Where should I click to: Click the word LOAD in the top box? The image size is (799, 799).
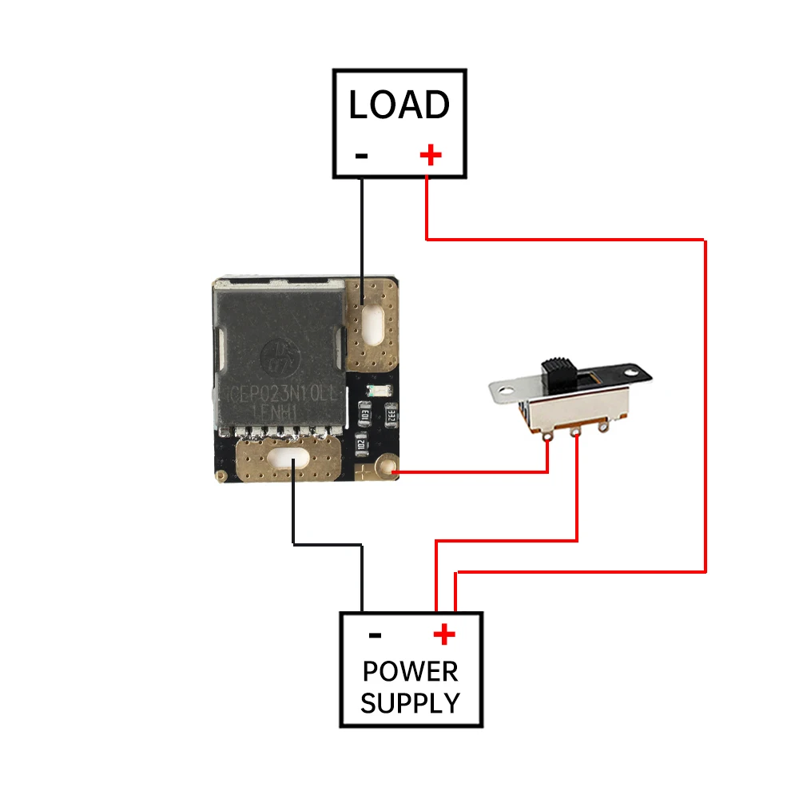point(399,105)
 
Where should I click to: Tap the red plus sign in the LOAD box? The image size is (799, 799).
point(431,154)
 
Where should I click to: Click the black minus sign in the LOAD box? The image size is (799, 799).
point(361,155)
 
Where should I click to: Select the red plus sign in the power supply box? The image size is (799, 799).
point(444,635)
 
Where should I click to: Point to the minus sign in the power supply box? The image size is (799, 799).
point(375,636)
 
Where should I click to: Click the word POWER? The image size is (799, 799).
point(410,671)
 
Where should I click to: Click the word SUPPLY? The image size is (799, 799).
point(410,703)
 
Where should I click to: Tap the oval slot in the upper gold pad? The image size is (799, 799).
point(370,324)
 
